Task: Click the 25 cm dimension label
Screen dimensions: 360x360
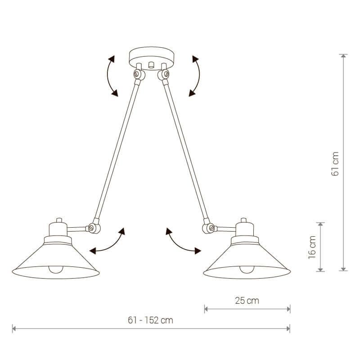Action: click(247, 301)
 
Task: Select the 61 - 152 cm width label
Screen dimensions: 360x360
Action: click(150, 320)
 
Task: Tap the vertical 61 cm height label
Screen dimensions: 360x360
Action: click(335, 164)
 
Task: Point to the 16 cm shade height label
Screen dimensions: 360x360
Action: click(312, 247)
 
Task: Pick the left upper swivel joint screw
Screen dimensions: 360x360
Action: click(137, 74)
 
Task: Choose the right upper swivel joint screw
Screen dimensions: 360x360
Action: click(166, 74)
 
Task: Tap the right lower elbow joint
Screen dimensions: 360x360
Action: click(208, 226)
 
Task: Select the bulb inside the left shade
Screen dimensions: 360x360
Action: click(55, 270)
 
